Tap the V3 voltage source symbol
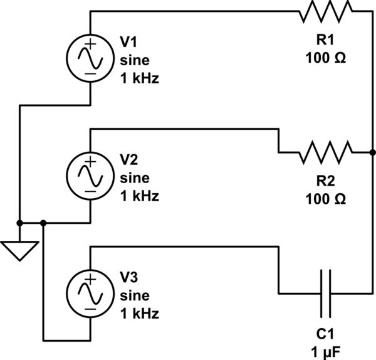(x=91, y=293)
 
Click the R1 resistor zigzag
(x=326, y=11)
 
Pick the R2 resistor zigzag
(x=326, y=152)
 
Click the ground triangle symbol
(x=20, y=251)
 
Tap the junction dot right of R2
(x=372, y=152)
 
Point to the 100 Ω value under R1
(x=326, y=59)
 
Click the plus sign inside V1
(x=91, y=45)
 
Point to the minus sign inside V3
(x=91, y=309)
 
